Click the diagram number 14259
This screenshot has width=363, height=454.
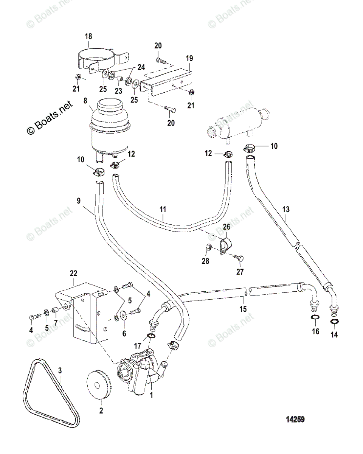point(295,420)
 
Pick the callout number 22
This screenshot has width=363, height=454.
point(73,274)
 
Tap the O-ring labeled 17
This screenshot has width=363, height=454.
point(150,337)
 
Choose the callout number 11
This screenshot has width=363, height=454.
point(163,208)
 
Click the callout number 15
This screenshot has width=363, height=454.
point(243,309)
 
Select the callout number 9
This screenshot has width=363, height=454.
point(79,201)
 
